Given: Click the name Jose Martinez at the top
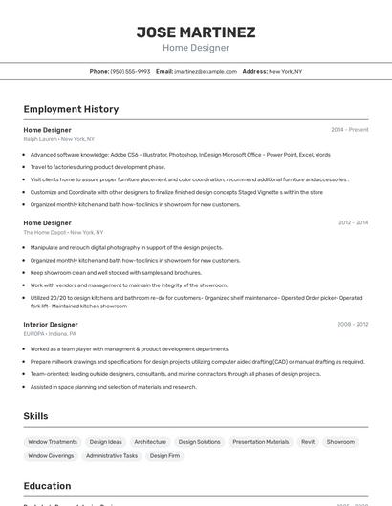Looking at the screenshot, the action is coord(196,32).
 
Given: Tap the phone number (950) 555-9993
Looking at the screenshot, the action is coord(130,71).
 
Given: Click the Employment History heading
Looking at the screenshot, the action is coord(71,109).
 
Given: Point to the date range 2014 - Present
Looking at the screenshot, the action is coord(350,129).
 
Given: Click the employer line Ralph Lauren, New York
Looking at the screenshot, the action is coord(60,138).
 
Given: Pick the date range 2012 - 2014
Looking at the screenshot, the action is coord(353,222).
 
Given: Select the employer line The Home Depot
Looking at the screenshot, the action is coord(63,232).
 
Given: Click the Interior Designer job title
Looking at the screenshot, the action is coord(51,324).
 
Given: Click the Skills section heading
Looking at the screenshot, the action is coord(36,416).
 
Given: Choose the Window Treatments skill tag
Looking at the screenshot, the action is coord(53,442).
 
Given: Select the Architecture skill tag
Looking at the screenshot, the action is coord(150,442).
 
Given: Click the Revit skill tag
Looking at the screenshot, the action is coord(308,442).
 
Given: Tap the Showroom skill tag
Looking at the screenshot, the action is coord(340,442).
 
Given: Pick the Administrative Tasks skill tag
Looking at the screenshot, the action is coord(112,456).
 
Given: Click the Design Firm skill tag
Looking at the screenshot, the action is coord(164,456).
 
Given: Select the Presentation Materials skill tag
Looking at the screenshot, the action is coord(260,442).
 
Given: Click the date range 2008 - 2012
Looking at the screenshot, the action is coord(353,324).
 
